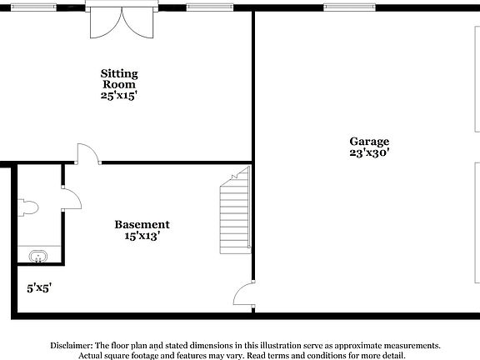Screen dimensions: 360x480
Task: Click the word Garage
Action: pyautogui.click(x=369, y=142)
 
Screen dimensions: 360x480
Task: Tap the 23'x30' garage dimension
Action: pyautogui.click(x=369, y=153)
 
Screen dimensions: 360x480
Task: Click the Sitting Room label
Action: pyautogui.click(x=119, y=79)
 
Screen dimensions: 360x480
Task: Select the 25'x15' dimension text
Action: pyautogui.click(x=119, y=96)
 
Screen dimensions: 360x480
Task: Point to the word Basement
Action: pyautogui.click(x=142, y=224)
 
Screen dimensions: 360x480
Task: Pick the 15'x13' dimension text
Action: pyautogui.click(x=142, y=236)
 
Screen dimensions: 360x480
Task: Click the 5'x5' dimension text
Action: pyautogui.click(x=39, y=287)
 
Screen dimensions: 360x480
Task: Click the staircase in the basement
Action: pyautogui.click(x=234, y=212)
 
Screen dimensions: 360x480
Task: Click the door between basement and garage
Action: pyautogui.click(x=242, y=297)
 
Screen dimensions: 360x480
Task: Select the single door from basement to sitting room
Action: pyautogui.click(x=87, y=154)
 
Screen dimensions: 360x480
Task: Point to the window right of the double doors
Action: pyautogui.click(x=211, y=7)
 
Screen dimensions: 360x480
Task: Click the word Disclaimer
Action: pyautogui.click(x=72, y=344)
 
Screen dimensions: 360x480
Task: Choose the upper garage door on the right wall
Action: pyautogui.click(x=477, y=79)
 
